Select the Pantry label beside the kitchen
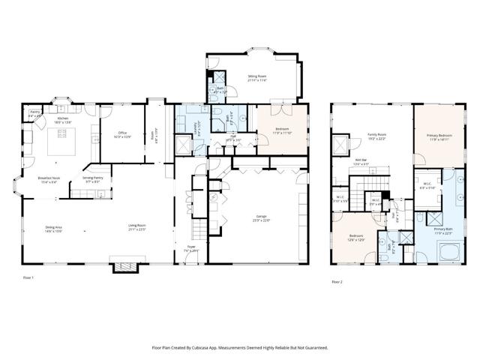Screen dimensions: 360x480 [x=34, y=115]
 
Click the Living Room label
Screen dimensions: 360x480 [x=136, y=228]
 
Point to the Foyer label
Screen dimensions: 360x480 [x=191, y=249]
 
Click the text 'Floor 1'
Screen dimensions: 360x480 [x=28, y=278]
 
